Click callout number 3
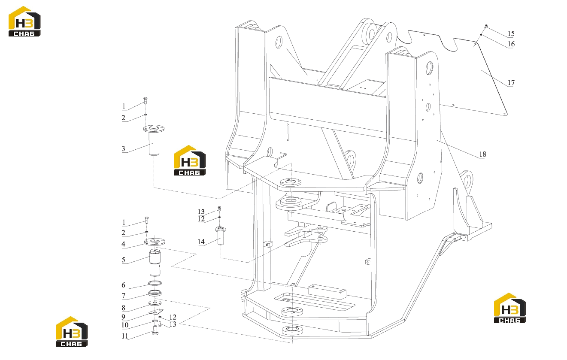(123, 148)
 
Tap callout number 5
(123, 260)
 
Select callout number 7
(123, 296)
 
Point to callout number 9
(123, 317)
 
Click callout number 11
(125, 336)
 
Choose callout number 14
(201, 242)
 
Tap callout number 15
(511, 33)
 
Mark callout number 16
(511, 44)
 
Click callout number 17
(511, 83)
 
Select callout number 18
(482, 154)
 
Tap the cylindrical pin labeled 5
(155, 263)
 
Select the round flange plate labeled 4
(155, 242)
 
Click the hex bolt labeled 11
(155, 330)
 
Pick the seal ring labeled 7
(155, 293)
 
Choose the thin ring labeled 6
(155, 283)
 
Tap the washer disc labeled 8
(155, 303)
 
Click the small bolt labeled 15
(486, 26)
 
